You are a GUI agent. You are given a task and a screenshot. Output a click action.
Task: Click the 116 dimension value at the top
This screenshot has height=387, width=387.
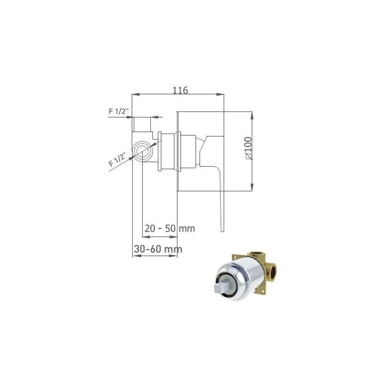click(x=180, y=90)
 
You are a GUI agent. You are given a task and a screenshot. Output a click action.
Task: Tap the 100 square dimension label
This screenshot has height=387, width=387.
click(x=248, y=145)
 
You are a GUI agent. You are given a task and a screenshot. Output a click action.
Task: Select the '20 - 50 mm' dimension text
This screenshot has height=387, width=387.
click(x=170, y=229)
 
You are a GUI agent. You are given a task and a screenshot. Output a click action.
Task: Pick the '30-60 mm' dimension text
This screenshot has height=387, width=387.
click(x=158, y=249)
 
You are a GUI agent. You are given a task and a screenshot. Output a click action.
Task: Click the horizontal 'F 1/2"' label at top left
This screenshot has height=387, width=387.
click(x=119, y=111)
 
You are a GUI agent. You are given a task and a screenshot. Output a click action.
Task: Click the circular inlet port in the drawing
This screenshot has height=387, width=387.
click(x=143, y=151)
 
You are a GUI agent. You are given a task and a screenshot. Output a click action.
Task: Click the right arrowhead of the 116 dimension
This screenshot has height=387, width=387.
click(x=220, y=94)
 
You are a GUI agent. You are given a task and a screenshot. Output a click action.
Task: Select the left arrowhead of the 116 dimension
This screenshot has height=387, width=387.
click(x=136, y=94)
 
